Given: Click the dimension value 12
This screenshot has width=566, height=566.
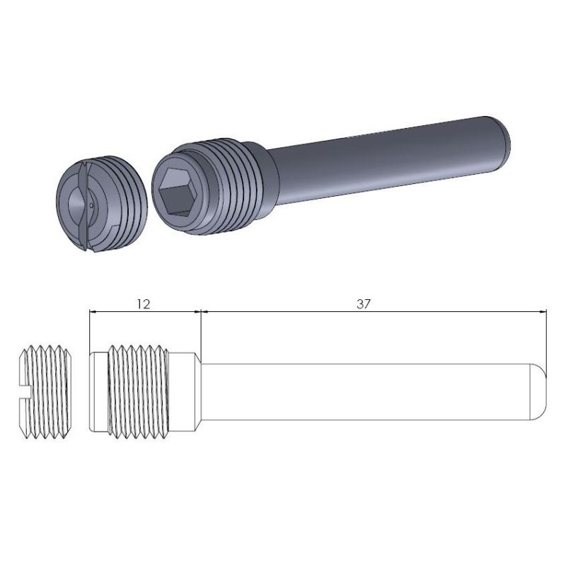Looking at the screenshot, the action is coord(144,304).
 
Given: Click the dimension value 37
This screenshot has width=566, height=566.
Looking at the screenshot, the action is coord(364,304).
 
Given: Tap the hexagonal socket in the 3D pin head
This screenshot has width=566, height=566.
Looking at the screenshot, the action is coord(176,193).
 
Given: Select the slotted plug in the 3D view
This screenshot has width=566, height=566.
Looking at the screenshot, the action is coord(101,204).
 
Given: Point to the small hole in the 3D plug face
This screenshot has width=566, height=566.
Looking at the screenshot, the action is coord(91,206).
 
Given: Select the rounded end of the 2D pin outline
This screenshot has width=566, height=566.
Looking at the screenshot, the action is coord(539,392).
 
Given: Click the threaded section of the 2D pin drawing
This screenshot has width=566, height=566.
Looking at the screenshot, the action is coord(138,392).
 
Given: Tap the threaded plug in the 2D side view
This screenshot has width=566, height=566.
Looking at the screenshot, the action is coord(45,392).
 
